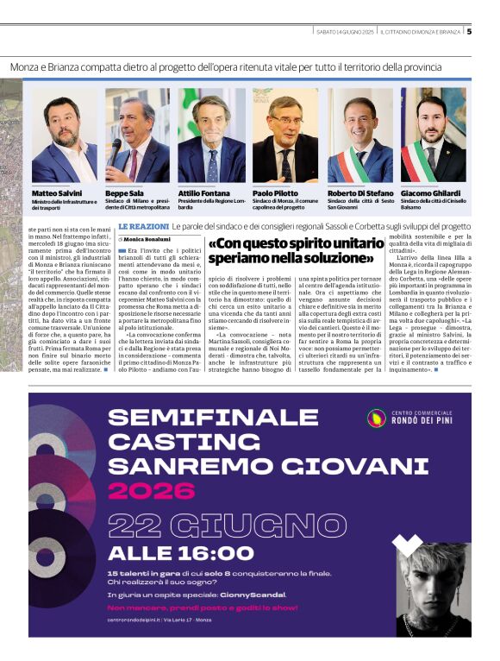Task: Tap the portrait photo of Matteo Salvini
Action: pos(64,135)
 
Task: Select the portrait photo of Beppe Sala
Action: pos(137,135)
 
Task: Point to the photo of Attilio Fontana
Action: pos(211,135)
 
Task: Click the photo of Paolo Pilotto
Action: pos(285,135)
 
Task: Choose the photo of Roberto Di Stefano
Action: pos(359,135)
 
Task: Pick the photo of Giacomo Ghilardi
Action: pos(434,135)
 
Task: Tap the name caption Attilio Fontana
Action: pos(203,194)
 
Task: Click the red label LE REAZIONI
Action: pos(143,227)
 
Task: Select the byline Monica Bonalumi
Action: pos(147,239)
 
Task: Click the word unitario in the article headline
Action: pos(344,242)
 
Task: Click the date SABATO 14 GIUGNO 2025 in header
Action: pos(345,32)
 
